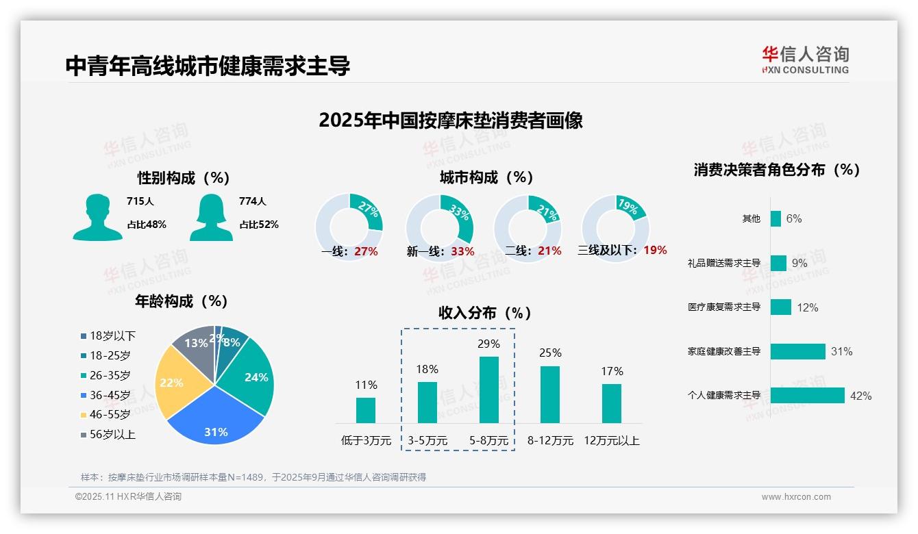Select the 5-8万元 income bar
tap(488, 390)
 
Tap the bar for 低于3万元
tap(366, 410)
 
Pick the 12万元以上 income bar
tap(611, 403)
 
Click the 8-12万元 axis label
tap(550, 441)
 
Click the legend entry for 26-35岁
tap(110, 375)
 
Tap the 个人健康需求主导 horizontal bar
tap(807, 396)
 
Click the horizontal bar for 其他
tap(776, 218)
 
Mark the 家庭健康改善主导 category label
tap(724, 351)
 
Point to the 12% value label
tap(807, 307)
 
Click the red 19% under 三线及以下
tap(655, 250)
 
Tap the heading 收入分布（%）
tap(485, 313)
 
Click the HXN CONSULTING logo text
tap(806, 70)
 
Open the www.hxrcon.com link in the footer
tap(796, 497)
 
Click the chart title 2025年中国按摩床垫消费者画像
tap(451, 120)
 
